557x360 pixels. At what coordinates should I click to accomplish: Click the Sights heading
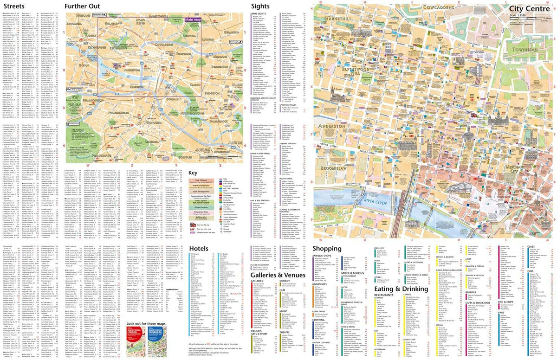tap(260, 6)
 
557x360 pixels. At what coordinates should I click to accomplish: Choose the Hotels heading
tap(201, 249)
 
